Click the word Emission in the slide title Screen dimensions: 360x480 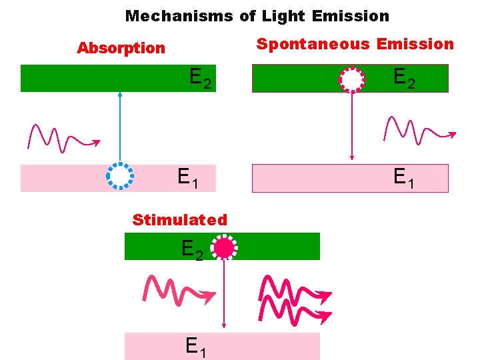pyautogui.click(x=357, y=15)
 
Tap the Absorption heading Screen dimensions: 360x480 pyautogui.click(x=121, y=48)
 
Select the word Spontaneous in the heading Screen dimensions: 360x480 pyautogui.click(x=313, y=45)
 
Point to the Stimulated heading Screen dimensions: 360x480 pyautogui.click(x=180, y=220)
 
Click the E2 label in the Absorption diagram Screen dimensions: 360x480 pyautogui.click(x=200, y=79)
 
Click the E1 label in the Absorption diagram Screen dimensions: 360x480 pyautogui.click(x=187, y=178)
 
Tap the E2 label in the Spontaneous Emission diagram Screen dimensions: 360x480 pyautogui.click(x=404, y=79)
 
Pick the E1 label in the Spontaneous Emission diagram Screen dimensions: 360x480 pyautogui.click(x=404, y=178)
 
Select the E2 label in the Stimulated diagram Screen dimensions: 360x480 pyautogui.click(x=192, y=251)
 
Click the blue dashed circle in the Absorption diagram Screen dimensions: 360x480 pyautogui.click(x=120, y=177)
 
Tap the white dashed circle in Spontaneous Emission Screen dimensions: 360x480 pyautogui.click(x=351, y=79)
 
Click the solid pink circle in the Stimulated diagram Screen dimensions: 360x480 pyautogui.click(x=224, y=248)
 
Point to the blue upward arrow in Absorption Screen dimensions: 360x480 pyautogui.click(x=120, y=127)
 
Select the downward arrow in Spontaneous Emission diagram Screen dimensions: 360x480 pyautogui.click(x=352, y=127)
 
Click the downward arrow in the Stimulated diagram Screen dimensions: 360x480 pyautogui.click(x=224, y=293)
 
